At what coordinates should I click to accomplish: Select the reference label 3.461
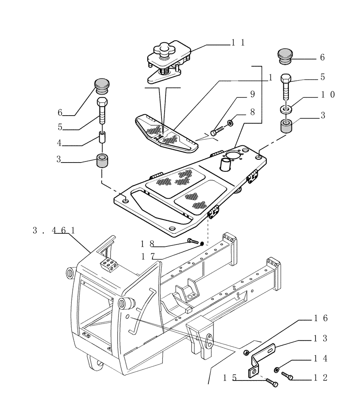click(x=54, y=230)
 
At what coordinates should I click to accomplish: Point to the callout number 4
click(x=60, y=143)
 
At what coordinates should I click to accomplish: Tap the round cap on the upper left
click(x=102, y=86)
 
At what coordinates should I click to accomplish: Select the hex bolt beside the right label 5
click(x=286, y=86)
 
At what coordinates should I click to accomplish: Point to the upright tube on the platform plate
click(x=226, y=163)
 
